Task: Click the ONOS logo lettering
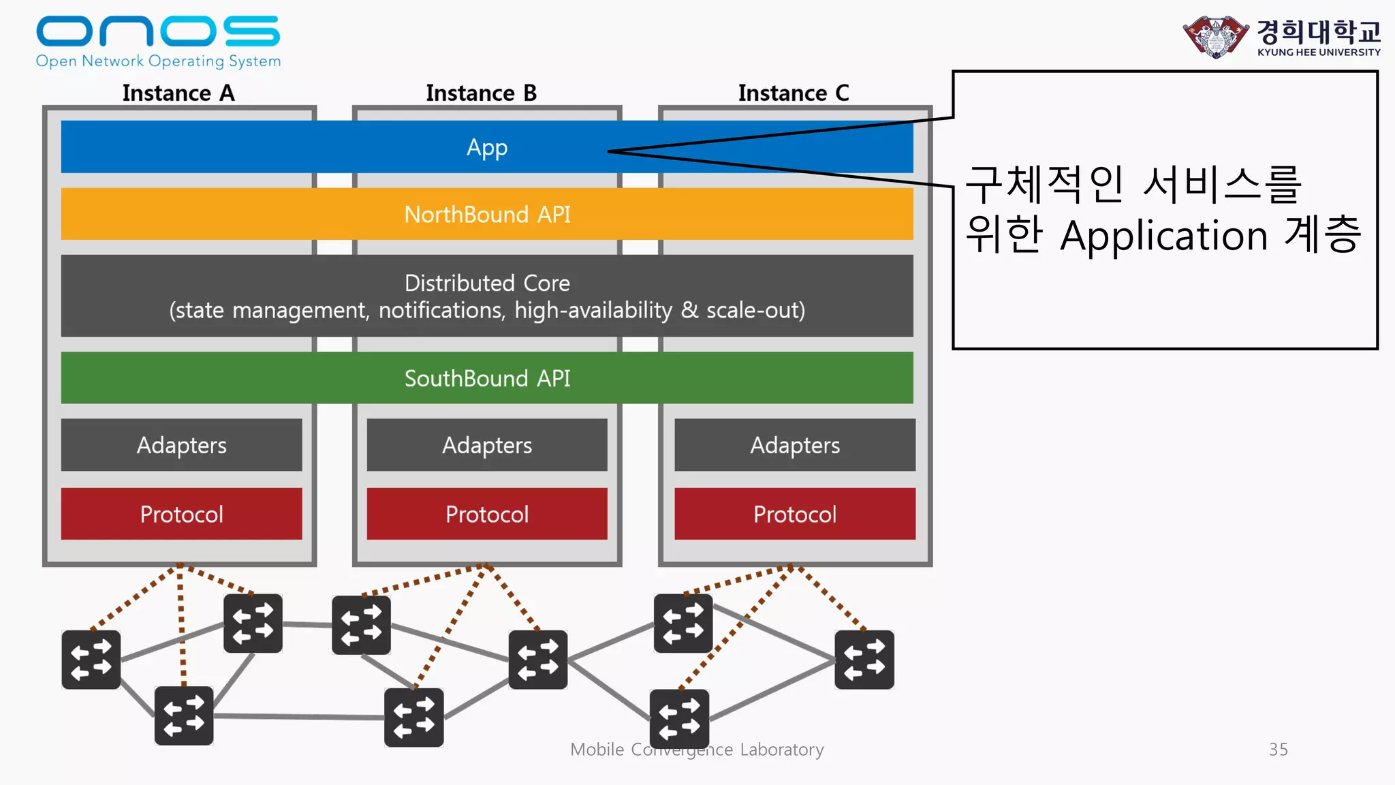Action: tap(157, 31)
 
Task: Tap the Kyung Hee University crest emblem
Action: tap(1216, 37)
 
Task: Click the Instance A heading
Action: tap(178, 93)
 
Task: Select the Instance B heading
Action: tap(481, 93)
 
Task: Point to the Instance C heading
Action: tap(794, 93)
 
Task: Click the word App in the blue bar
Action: tap(487, 147)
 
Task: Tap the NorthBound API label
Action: tap(487, 215)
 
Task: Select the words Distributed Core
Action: tap(487, 283)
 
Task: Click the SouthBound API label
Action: tap(487, 378)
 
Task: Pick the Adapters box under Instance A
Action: tap(181, 445)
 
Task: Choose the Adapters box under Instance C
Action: tap(795, 445)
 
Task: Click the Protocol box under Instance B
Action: tap(487, 514)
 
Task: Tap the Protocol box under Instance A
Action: tap(181, 514)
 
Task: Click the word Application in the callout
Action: tap(1163, 236)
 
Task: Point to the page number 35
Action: tap(1278, 750)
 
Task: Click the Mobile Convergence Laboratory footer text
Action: tap(697, 750)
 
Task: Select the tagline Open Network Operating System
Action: tap(158, 61)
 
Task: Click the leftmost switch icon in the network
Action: tap(91, 660)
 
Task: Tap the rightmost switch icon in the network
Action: tap(864, 660)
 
